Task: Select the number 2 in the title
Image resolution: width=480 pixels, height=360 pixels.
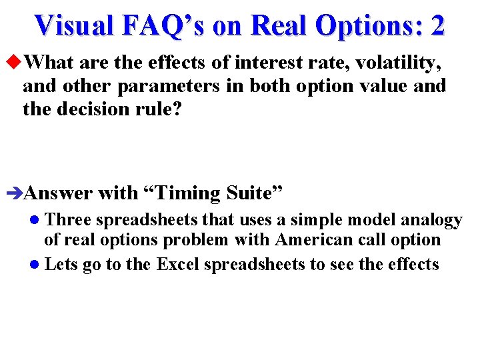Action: pos(438,25)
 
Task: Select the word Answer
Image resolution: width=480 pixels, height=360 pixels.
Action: pos(57,193)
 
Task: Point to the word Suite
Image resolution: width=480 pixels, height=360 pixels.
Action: pos(254,193)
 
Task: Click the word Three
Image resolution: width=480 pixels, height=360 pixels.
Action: pos(66,220)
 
